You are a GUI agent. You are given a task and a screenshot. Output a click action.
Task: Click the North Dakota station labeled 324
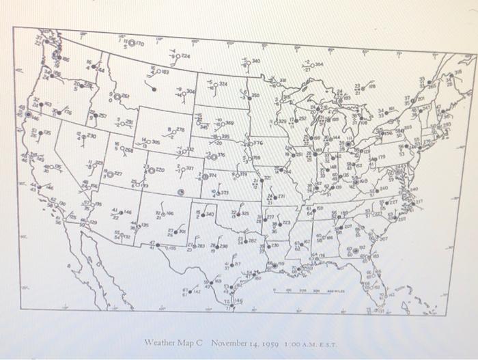coord(212,85)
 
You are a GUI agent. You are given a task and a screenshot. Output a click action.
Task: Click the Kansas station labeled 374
coord(203,176)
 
